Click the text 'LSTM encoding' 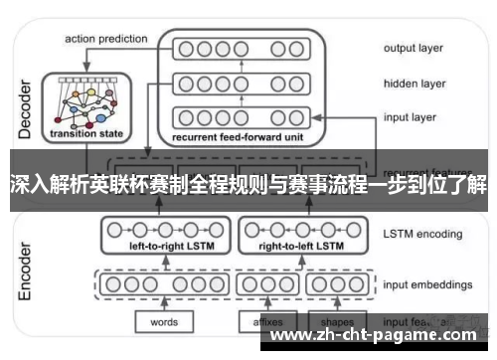pos(422,235)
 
